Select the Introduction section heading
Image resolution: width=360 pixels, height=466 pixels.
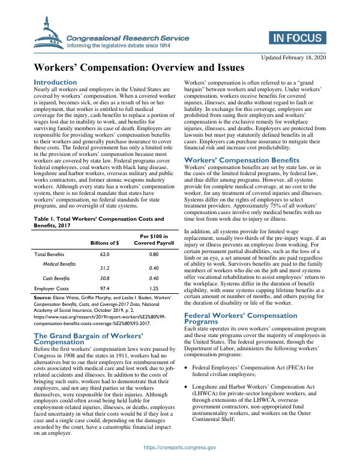[55, 82]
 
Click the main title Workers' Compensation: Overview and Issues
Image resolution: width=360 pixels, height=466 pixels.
[139, 68]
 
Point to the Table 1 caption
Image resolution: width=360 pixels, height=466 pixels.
[98, 206]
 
